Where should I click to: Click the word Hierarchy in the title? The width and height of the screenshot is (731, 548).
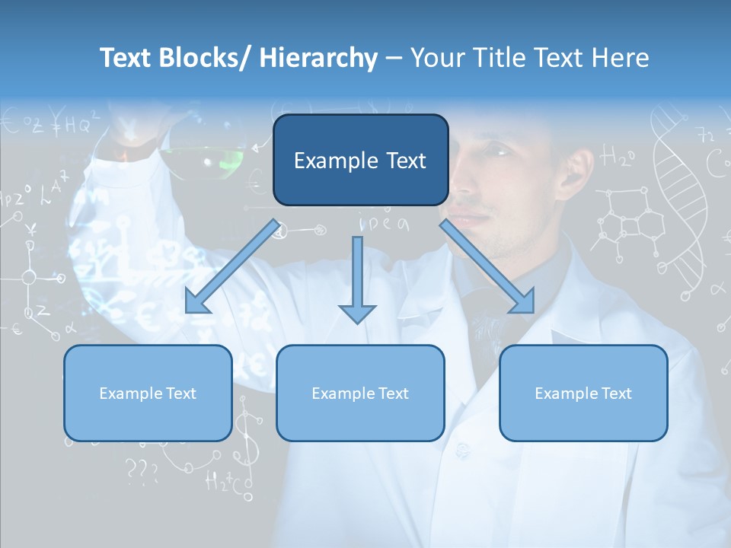(318, 59)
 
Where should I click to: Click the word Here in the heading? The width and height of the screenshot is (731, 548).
(621, 59)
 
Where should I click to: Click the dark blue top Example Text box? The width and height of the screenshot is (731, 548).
(360, 161)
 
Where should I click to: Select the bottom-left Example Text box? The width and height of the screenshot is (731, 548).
(148, 393)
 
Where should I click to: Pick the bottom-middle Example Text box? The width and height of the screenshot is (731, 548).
(360, 393)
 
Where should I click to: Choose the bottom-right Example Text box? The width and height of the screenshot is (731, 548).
(583, 393)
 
